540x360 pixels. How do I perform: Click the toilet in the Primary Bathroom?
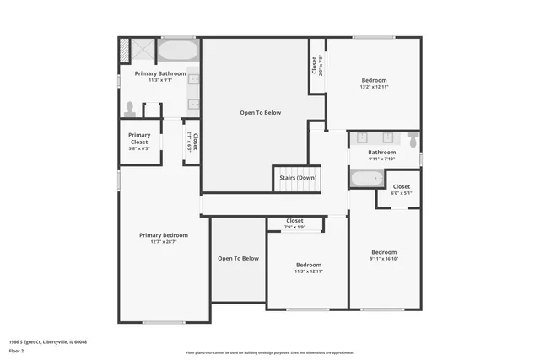[130, 109]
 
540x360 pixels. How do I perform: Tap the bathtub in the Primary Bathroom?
[177, 51]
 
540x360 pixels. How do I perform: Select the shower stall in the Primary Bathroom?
[137, 51]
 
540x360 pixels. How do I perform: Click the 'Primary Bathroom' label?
[160, 73]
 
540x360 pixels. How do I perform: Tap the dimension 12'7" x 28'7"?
[163, 243]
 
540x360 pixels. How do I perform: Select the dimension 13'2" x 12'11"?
[374, 87]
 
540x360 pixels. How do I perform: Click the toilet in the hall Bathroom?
[413, 139]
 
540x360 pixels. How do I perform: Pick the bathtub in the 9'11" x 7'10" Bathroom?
[366, 179]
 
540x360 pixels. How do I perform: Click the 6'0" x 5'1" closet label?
[401, 193]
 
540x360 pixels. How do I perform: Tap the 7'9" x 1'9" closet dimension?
[294, 227]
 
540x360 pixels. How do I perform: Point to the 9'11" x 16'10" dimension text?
[384, 259]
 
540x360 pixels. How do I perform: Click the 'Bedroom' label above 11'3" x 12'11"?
[308, 264]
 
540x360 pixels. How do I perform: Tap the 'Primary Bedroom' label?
[163, 235]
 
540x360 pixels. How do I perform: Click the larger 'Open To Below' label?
[260, 112]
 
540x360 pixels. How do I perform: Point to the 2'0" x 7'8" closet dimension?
[320, 64]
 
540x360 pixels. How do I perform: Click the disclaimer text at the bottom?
[269, 352]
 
